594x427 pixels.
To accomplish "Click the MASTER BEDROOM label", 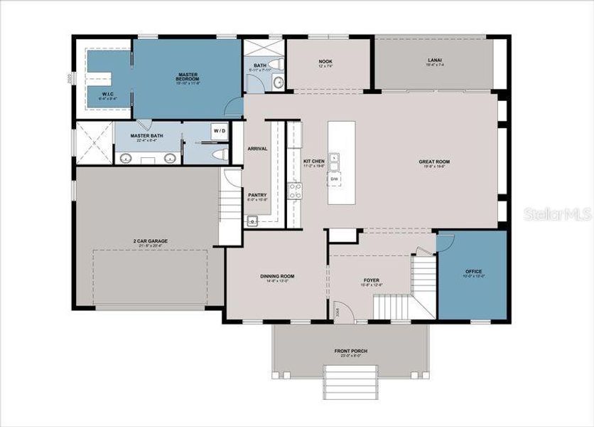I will pos(187,76).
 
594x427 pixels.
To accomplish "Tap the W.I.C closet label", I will pos(107,93).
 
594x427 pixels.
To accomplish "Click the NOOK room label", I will pos(328,62).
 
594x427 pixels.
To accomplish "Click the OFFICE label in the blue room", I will pos(473,272).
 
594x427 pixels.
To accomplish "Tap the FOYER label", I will pos(372,280).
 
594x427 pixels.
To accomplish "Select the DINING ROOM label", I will pos(276,277).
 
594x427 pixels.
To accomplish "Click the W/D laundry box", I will pos(218,131).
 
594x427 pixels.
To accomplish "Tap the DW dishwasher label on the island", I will pos(333,179).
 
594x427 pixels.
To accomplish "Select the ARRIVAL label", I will pos(256,149).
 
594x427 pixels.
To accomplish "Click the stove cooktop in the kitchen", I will pos(294,191).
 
